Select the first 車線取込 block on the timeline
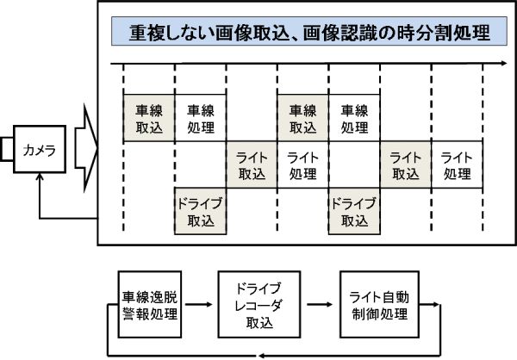[x=149, y=119]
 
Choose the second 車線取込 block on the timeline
[x=302, y=119]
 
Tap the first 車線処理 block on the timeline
[x=200, y=119]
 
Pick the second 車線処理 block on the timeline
[x=353, y=119]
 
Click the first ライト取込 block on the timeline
[x=252, y=164]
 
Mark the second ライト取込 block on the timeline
[x=405, y=164]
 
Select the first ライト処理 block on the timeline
[x=302, y=164]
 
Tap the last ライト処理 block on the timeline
[x=456, y=164]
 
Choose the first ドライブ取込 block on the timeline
[x=200, y=211]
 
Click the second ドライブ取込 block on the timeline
[x=353, y=211]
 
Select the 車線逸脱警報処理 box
[x=150, y=306]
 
